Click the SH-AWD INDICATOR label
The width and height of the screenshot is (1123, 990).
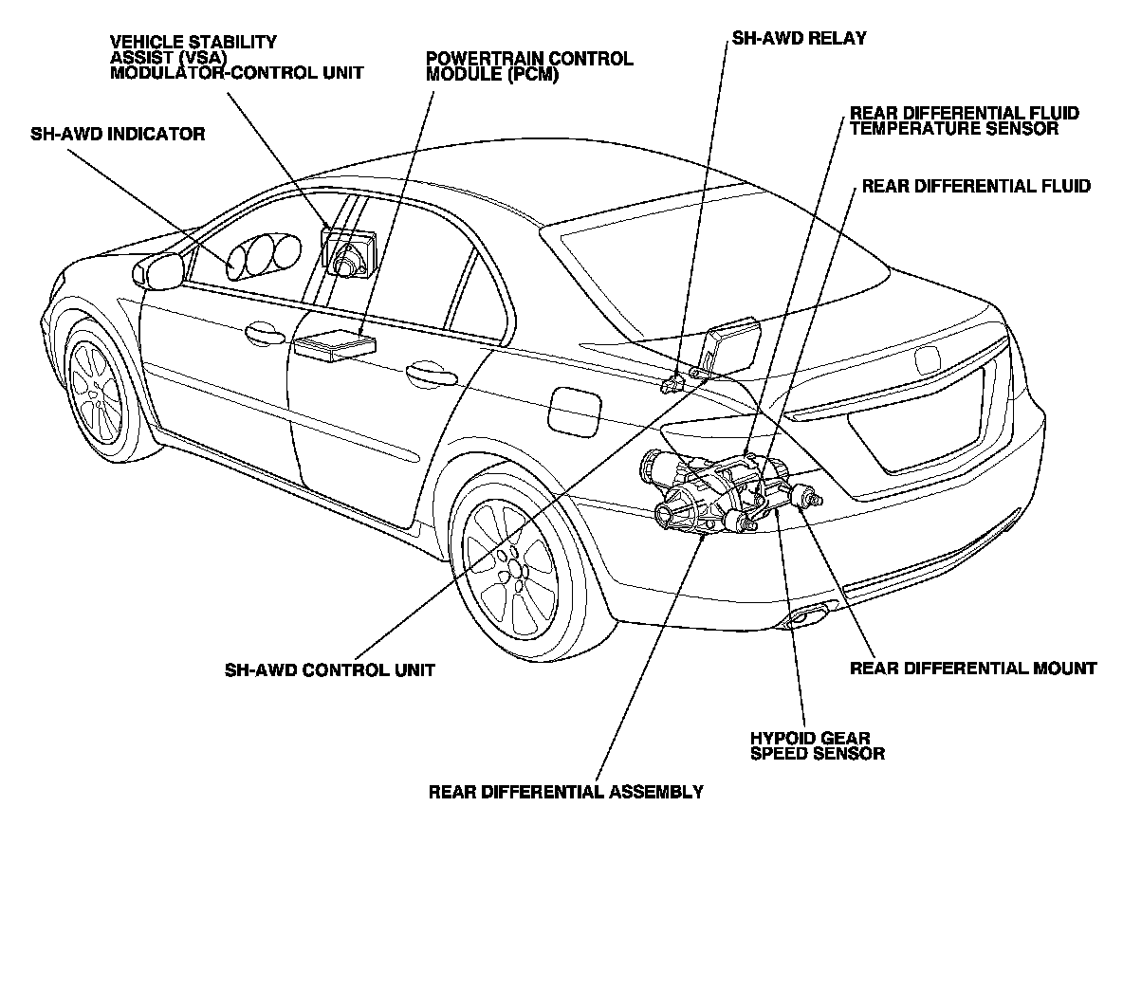(x=118, y=134)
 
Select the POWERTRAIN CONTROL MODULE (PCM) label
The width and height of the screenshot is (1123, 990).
(x=529, y=65)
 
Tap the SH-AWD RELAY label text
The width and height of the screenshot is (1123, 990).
(x=798, y=39)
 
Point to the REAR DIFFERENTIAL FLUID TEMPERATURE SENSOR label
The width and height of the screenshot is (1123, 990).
(x=964, y=120)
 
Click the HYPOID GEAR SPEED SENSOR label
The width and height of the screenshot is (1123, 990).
(x=817, y=745)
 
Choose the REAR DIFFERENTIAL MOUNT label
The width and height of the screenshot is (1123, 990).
(x=972, y=668)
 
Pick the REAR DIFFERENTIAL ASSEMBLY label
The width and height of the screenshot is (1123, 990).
(x=565, y=791)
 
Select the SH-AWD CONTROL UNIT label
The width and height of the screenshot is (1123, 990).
(x=329, y=669)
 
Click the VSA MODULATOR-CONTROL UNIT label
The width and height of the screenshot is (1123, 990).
(x=236, y=57)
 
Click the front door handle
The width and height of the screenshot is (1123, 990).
(x=264, y=332)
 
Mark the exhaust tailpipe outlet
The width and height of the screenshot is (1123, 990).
(x=805, y=618)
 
